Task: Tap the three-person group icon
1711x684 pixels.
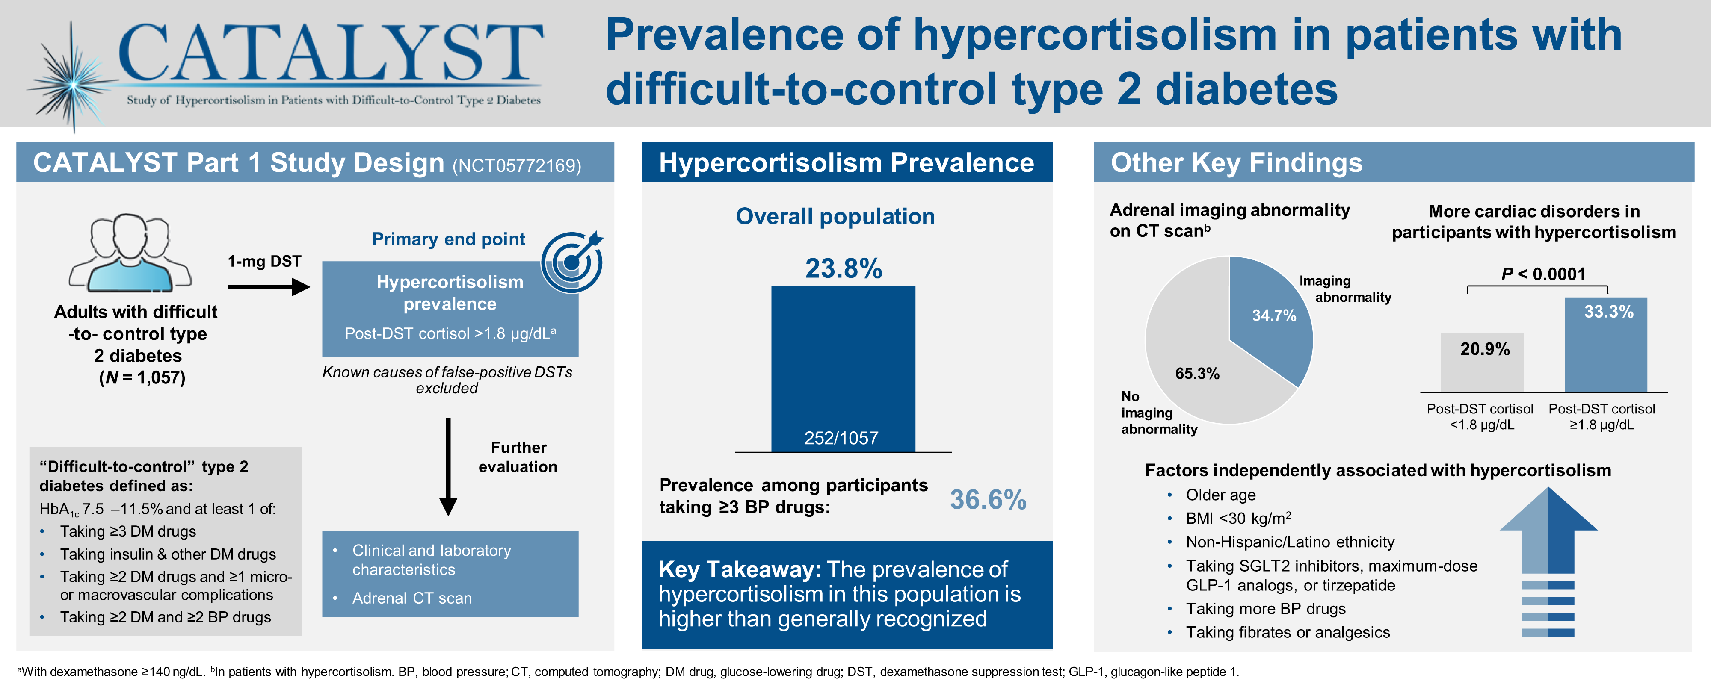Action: tap(130, 253)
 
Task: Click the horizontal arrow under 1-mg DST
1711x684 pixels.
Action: tap(268, 287)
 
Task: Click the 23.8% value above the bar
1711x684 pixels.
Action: tap(843, 268)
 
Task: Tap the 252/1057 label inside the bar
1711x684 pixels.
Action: tap(841, 438)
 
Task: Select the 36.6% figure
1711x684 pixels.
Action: tap(988, 499)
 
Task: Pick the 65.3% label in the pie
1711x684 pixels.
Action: tap(1197, 373)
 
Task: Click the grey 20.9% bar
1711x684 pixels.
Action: tap(1481, 363)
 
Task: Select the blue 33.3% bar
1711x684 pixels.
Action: tap(1605, 345)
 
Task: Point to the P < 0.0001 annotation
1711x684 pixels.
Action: tap(1543, 274)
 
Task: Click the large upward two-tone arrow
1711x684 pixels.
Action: tap(1548, 531)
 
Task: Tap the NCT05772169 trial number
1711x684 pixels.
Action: tap(516, 165)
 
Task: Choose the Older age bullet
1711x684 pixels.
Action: tap(1220, 495)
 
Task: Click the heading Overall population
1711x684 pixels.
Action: tap(835, 216)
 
